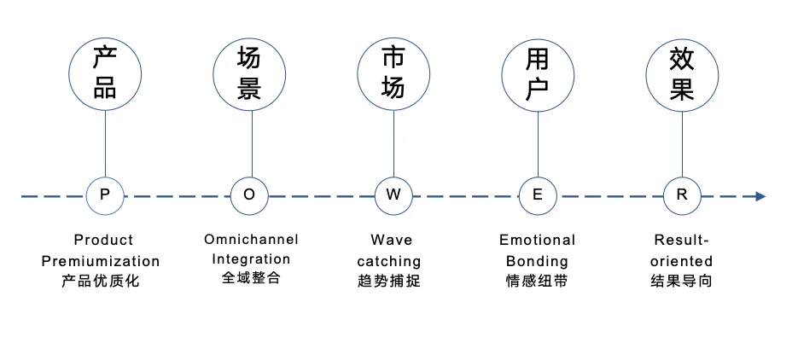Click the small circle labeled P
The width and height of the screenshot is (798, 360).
[x=105, y=195]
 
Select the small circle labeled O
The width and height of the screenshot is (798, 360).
[x=249, y=195]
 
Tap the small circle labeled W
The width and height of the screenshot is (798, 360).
[x=393, y=195]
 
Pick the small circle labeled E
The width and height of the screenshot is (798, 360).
[x=538, y=195]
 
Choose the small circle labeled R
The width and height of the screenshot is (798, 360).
[x=682, y=195]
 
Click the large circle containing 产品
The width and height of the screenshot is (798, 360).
[x=105, y=74]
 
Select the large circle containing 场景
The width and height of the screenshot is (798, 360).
[x=249, y=74]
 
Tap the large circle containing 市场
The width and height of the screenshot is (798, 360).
[x=393, y=74]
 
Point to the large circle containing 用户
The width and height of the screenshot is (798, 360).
[x=538, y=74]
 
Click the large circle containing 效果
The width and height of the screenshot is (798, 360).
[x=682, y=74]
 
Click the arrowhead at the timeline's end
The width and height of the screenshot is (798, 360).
[x=760, y=196]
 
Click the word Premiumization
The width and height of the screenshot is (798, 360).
[x=101, y=261]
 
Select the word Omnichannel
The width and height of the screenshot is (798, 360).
[x=251, y=240]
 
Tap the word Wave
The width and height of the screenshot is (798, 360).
[x=391, y=241]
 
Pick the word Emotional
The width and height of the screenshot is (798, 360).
[x=537, y=241]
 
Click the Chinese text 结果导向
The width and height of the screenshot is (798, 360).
[x=681, y=281]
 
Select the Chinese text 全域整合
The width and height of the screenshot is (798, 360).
[x=251, y=278]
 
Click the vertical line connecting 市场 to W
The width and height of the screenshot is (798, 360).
[x=393, y=145]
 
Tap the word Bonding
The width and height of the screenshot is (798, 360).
[x=537, y=261]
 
